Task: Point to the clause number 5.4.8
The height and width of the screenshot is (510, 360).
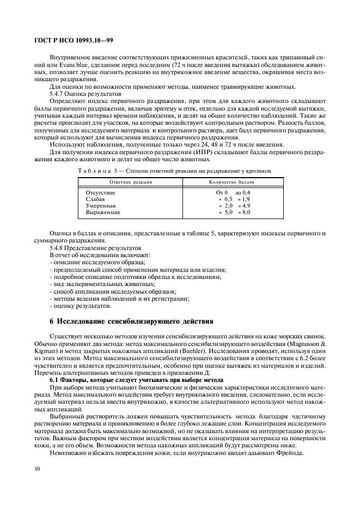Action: pos(58,247)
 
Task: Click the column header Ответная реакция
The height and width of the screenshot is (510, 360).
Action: pos(131,182)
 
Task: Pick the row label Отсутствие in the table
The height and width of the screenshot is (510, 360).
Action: pos(101,193)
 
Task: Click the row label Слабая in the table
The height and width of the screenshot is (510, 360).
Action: pos(96,199)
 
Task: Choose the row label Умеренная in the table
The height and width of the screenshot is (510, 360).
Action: pos(101,206)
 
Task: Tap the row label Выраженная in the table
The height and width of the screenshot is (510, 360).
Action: pos(102,212)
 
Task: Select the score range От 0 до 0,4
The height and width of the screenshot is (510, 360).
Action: pos(233,193)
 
